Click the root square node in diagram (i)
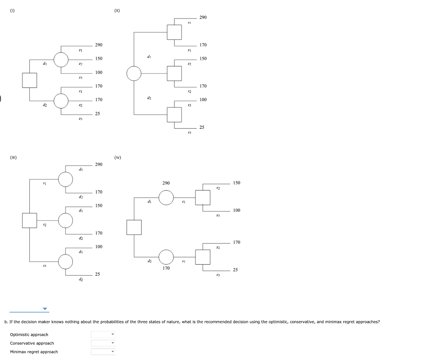click(x=30, y=80)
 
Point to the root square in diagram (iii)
click(x=30, y=220)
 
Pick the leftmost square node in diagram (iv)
click(x=134, y=227)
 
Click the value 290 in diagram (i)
click(x=99, y=45)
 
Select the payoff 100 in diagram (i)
click(x=99, y=72)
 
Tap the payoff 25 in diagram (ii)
click(x=202, y=127)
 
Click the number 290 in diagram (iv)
click(x=166, y=182)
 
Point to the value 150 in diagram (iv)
click(x=236, y=182)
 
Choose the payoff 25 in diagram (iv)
click(x=235, y=270)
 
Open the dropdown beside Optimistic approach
click(x=103, y=334)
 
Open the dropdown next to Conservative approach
click(x=103, y=343)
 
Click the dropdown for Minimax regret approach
click(x=103, y=352)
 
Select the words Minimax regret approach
click(x=34, y=352)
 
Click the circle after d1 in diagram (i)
click(x=61, y=59)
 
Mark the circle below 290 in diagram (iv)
click(x=166, y=197)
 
